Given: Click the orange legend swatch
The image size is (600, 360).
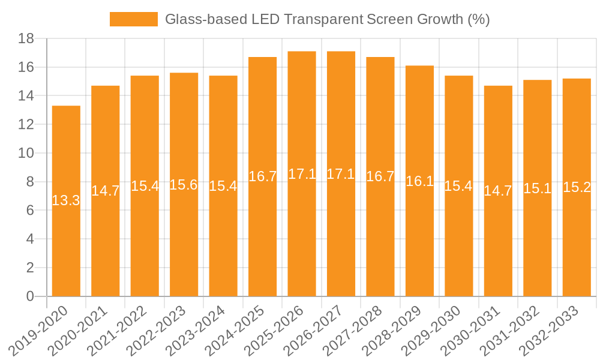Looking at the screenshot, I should point(133,19).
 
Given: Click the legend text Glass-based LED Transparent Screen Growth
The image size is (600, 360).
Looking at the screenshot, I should point(327,19).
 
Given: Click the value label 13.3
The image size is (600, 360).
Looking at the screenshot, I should point(66,200).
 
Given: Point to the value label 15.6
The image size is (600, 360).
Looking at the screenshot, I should point(184,184).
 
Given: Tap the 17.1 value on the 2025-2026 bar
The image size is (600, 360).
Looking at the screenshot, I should point(302,174).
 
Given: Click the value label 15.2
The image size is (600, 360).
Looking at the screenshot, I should point(577,187).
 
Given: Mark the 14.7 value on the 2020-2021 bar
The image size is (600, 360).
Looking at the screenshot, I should point(106,191).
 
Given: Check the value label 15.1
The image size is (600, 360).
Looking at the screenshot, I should point(537,188).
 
